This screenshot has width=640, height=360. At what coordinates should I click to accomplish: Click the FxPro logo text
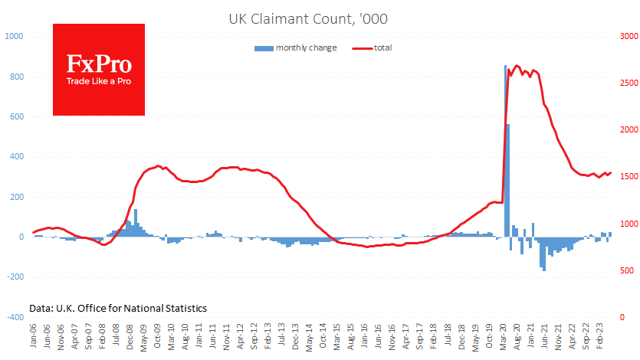[x=98, y=63]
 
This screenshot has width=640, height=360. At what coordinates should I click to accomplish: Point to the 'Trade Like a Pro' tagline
[x=98, y=81]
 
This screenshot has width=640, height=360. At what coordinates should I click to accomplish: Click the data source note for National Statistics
[x=118, y=308]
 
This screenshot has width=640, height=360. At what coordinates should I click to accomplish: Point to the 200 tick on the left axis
[x=15, y=197]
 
